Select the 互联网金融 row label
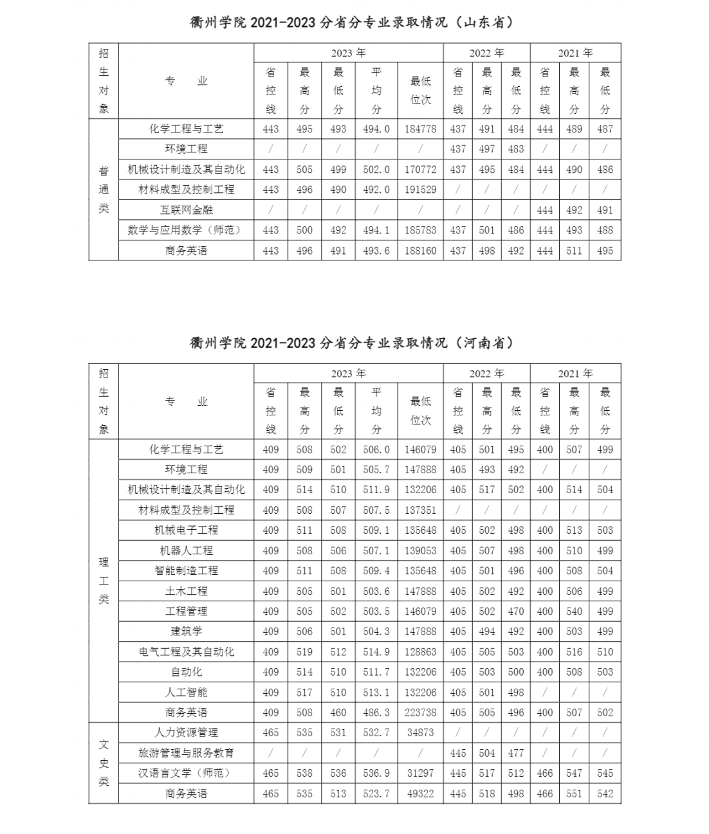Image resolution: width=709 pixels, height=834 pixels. click(186, 210)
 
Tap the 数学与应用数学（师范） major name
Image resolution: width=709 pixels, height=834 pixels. click(186, 230)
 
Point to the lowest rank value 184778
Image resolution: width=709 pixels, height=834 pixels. click(420, 129)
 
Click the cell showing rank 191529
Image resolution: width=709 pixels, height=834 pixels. click(420, 189)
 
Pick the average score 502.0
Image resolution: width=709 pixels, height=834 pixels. click(376, 169)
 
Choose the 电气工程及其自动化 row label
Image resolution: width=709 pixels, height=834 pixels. click(186, 651)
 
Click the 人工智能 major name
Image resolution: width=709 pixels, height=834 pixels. click(186, 692)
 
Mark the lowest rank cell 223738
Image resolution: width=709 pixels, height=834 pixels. click(420, 712)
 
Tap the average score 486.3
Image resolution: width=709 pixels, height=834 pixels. click(376, 712)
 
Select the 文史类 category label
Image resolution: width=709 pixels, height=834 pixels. click(104, 763)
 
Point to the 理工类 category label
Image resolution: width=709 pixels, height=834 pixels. click(104, 581)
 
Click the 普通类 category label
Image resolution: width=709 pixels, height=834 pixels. click(104, 189)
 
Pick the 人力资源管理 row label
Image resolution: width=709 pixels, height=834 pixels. click(186, 732)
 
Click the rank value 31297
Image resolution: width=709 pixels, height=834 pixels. click(420, 773)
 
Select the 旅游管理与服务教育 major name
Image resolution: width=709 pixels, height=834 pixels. click(186, 753)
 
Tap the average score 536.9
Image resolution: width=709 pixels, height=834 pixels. click(376, 773)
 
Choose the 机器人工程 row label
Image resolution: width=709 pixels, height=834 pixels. click(186, 550)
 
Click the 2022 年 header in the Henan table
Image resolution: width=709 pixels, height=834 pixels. click(486, 374)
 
